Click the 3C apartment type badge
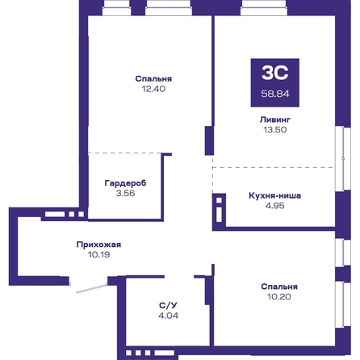click(275, 82)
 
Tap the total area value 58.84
click(275, 94)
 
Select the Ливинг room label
click(275, 119)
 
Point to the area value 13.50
click(275, 130)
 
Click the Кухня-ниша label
click(274, 195)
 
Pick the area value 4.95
click(274, 206)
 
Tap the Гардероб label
click(125, 183)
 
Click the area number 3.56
click(125, 193)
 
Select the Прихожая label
click(98, 245)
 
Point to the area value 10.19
click(98, 254)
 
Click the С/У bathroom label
click(168, 305)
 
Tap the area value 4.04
click(168, 316)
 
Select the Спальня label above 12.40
click(153, 78)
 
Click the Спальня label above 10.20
click(279, 287)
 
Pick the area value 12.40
click(153, 89)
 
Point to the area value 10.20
click(279, 297)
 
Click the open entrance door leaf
click(92, 288)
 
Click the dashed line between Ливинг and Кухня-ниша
click(273, 167)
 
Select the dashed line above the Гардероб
click(125, 153)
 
